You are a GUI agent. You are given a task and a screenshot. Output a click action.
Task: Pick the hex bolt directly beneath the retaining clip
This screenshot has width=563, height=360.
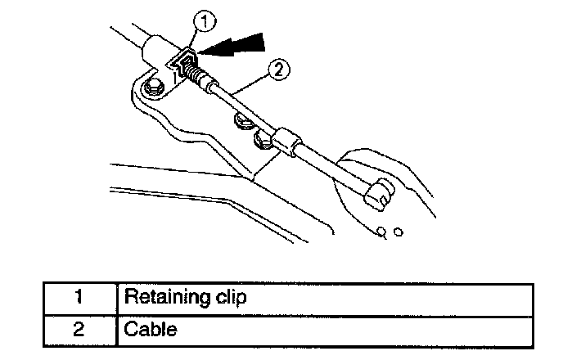(151, 88)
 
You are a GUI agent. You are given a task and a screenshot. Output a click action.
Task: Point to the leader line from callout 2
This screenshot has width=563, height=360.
(245, 81)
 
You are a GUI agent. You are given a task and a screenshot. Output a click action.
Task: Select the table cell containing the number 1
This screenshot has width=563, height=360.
(80, 296)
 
